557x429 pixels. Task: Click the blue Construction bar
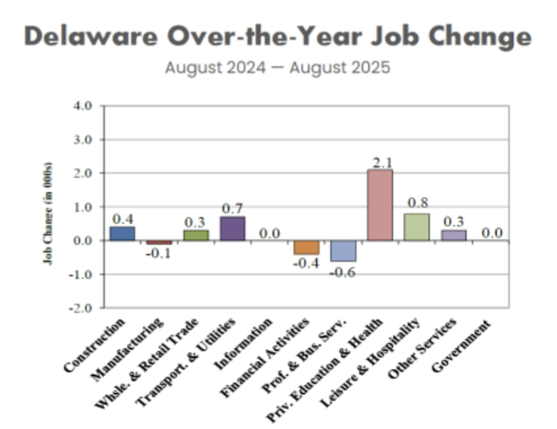[x=123, y=233]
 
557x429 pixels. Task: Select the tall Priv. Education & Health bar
[x=379, y=205]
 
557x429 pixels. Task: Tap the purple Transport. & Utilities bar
[x=233, y=228]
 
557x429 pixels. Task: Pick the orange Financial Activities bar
[x=306, y=247]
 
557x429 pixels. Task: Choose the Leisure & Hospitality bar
[x=416, y=227]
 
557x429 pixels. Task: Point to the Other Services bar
[x=453, y=234]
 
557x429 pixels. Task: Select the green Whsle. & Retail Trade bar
[x=196, y=234]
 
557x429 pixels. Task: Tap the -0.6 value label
[x=344, y=272]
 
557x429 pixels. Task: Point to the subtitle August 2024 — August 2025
[x=277, y=66]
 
